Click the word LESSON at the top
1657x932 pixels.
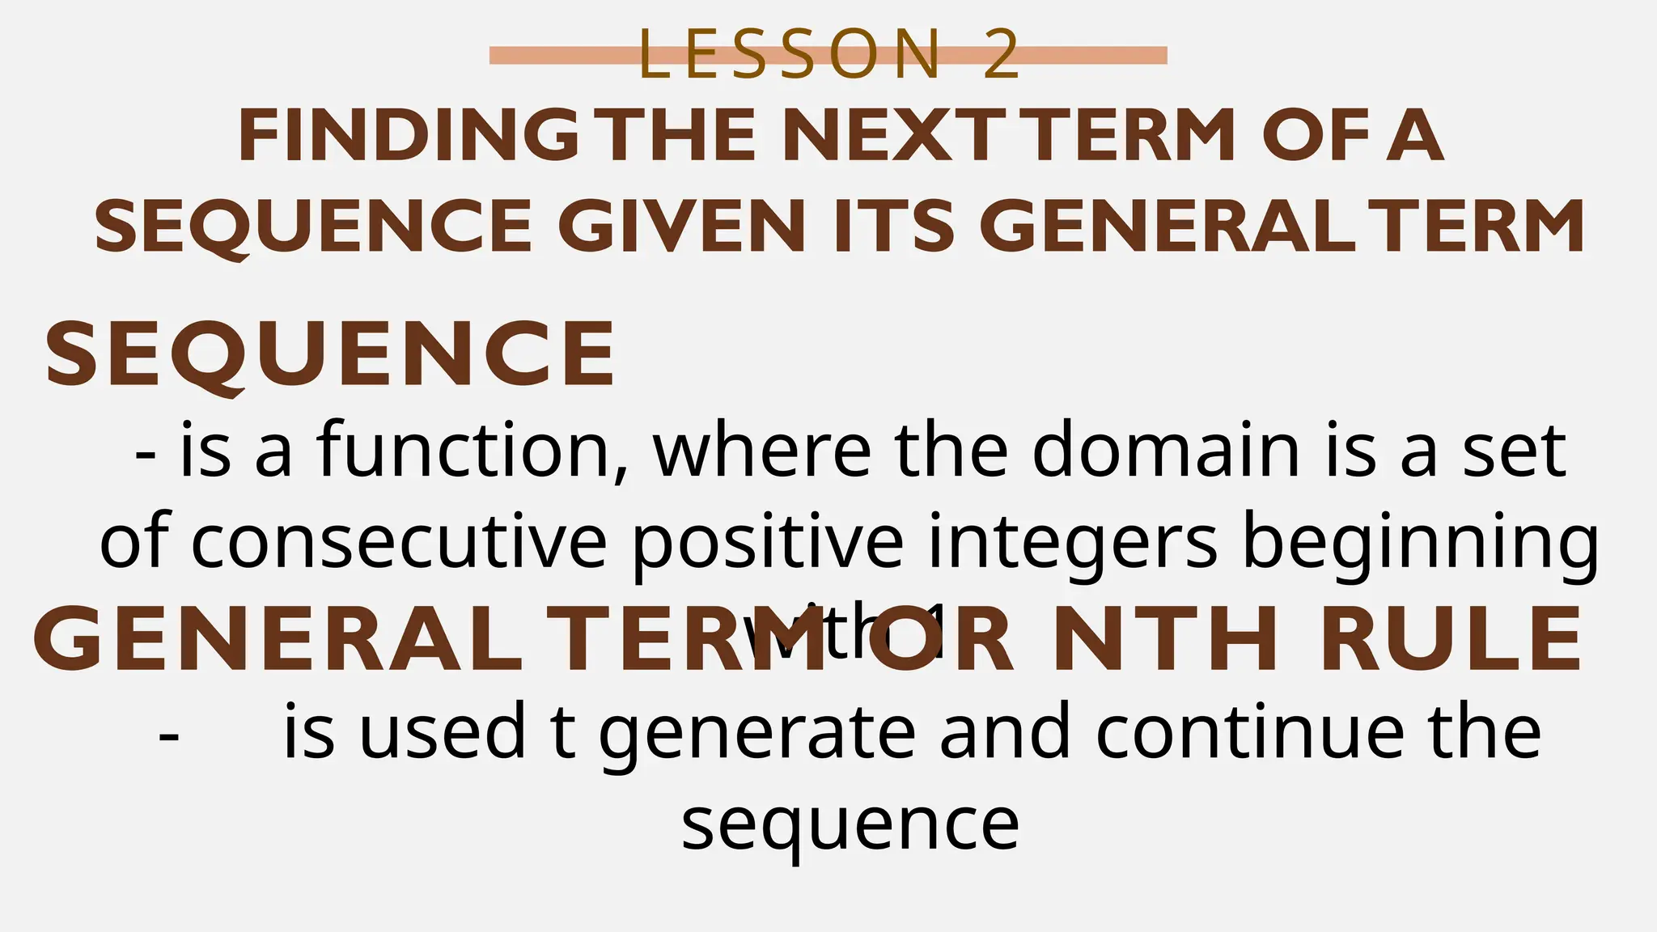point(790,55)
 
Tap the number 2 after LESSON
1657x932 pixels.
point(1002,55)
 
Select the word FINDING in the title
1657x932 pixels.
point(409,136)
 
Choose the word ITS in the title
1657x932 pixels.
point(894,226)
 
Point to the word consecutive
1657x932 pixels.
point(399,541)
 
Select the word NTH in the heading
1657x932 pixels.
point(1166,638)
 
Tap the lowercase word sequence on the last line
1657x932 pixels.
point(850,825)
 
